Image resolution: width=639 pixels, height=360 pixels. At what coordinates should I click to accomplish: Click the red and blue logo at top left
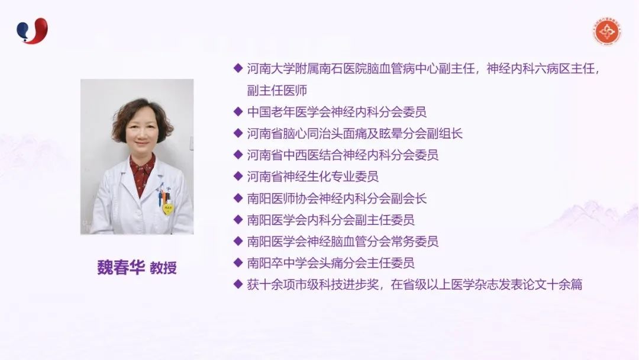coord(32,31)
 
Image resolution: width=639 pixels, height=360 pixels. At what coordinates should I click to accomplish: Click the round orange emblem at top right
coord(607,31)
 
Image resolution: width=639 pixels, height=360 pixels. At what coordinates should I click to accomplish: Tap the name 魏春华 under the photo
coord(121,268)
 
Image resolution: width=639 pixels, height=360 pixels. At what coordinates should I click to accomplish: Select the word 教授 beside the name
coord(163,268)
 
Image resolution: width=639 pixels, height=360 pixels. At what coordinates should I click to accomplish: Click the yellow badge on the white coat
coord(167,209)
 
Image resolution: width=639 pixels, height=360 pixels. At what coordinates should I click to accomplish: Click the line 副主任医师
coord(277,90)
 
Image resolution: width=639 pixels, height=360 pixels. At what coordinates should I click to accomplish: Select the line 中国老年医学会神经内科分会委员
coord(337,112)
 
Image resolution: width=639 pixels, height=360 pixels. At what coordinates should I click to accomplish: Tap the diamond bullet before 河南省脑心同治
coord(238,133)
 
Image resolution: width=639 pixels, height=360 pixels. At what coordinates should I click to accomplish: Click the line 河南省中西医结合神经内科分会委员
coord(343,155)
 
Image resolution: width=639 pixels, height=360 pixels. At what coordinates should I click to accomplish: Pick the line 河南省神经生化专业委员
coord(312,176)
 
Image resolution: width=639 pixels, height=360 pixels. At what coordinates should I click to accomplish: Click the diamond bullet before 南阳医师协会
coord(238,198)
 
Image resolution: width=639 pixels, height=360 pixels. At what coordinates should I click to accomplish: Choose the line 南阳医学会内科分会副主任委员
coord(331,220)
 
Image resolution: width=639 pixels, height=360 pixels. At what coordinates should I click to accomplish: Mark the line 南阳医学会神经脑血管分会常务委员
coord(343,242)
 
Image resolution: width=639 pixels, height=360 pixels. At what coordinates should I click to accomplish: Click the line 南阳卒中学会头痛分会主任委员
coord(331,263)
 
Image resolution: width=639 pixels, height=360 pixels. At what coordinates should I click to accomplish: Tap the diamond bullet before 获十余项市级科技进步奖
coord(238,284)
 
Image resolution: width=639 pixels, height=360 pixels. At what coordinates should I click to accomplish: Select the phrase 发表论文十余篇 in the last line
coord(540,285)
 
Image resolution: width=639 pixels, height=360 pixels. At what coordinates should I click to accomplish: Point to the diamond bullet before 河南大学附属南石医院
coord(238,68)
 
